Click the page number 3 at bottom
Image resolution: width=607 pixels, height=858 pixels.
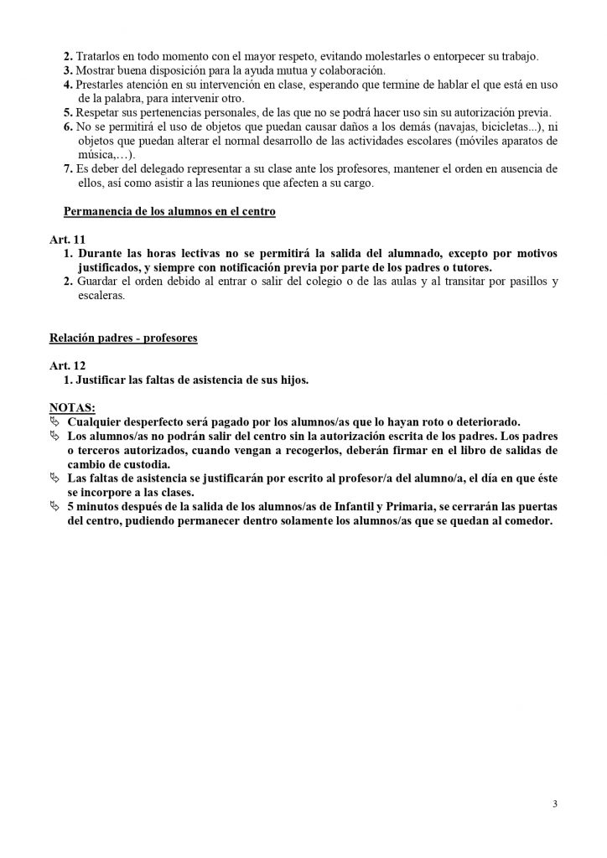555,804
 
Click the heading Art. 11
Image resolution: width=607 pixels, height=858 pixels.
65,240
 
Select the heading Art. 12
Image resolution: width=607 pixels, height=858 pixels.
65,366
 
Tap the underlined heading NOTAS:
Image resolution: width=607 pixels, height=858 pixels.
73,407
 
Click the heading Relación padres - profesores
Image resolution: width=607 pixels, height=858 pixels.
123,339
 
